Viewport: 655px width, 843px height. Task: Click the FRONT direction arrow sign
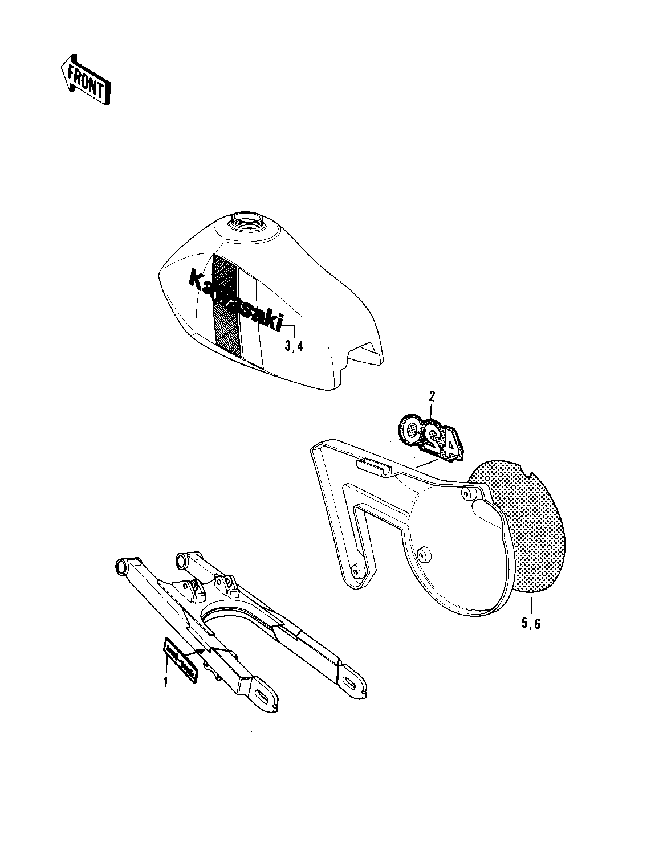click(x=85, y=80)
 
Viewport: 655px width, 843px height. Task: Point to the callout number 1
click(x=166, y=682)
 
